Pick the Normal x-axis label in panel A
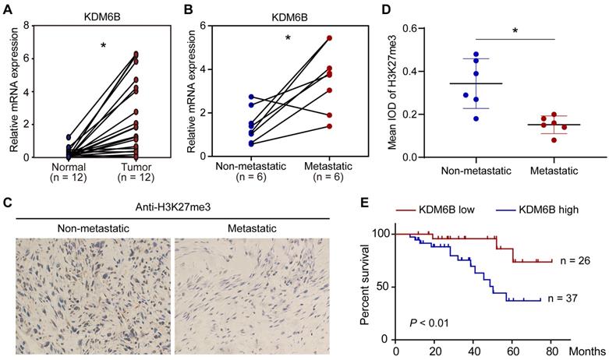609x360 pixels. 68,168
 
